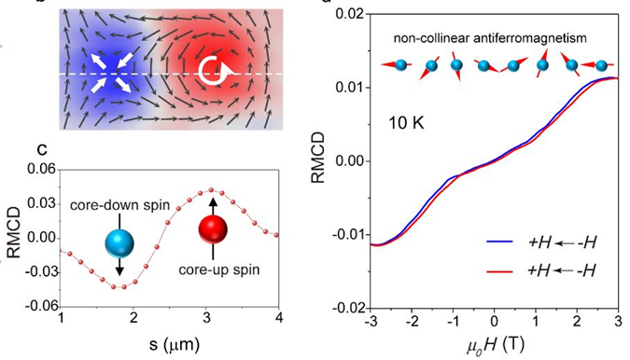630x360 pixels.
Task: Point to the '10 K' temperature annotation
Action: [409, 122]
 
